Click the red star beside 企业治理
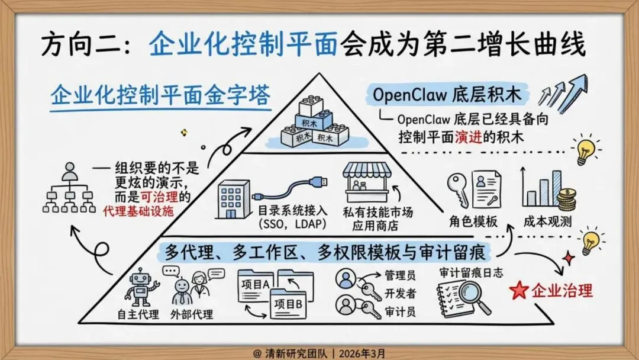[519, 290]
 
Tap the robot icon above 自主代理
[140, 287]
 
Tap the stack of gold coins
[567, 200]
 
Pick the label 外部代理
[191, 314]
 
